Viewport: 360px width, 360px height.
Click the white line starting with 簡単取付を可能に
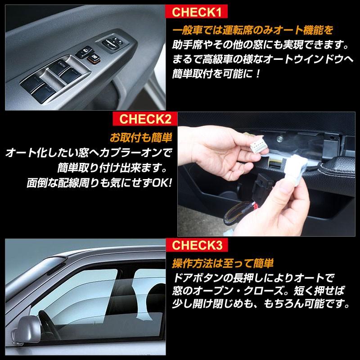[216, 73]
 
